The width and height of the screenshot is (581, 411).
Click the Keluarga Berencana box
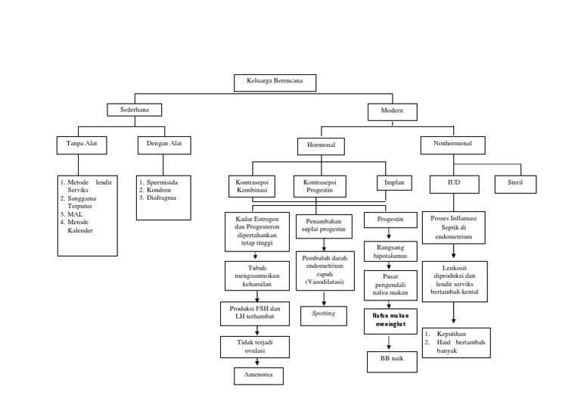[273, 83]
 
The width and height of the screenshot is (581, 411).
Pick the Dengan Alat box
[164, 142]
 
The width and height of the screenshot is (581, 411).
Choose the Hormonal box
[321, 145]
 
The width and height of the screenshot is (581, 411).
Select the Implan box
[394, 182]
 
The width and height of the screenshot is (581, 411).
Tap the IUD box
[453, 183]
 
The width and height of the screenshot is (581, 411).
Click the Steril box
[516, 183]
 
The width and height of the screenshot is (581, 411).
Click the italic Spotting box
[323, 313]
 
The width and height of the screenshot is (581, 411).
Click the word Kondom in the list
[160, 190]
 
